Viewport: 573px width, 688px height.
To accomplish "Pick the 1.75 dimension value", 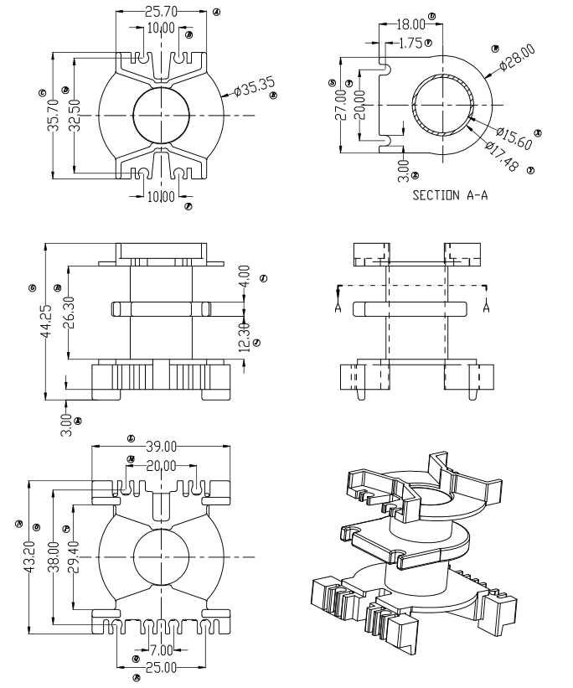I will (410, 43).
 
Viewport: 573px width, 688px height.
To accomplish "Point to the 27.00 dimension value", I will (341, 106).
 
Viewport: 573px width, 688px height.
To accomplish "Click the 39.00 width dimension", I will (163, 446).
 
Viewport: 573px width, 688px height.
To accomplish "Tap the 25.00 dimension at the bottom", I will (162, 667).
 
